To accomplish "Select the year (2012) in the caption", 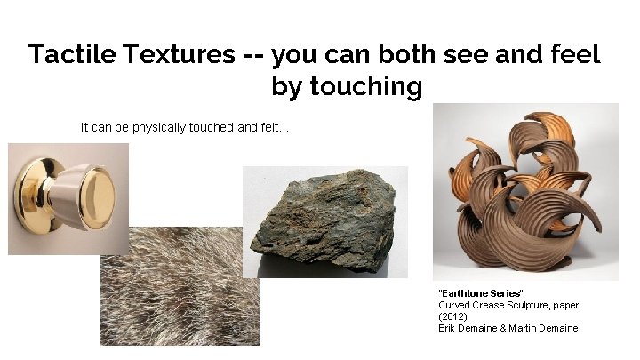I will coord(453,316).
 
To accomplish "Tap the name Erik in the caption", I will coord(448,328).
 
